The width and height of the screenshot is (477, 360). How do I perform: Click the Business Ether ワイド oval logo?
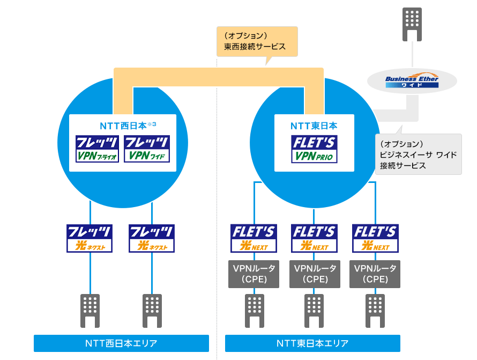point(412,81)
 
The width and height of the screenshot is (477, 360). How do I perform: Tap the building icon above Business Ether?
point(412,24)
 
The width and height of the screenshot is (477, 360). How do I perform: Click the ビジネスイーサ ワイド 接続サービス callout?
point(418,154)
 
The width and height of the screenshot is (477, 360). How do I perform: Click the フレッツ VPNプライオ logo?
point(97,149)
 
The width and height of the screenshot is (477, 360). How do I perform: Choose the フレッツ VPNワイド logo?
point(147,149)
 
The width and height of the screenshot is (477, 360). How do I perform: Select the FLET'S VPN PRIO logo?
point(314,149)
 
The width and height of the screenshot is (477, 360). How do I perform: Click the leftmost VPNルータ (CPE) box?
point(254,274)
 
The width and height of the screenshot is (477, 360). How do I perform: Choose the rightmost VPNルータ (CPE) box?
point(375,274)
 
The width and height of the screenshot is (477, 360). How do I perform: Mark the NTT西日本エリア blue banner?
point(121,343)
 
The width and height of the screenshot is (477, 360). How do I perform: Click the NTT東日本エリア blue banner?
point(312,343)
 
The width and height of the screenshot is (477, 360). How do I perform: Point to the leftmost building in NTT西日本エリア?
point(90,310)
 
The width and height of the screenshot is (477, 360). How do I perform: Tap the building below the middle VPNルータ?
point(314,310)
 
